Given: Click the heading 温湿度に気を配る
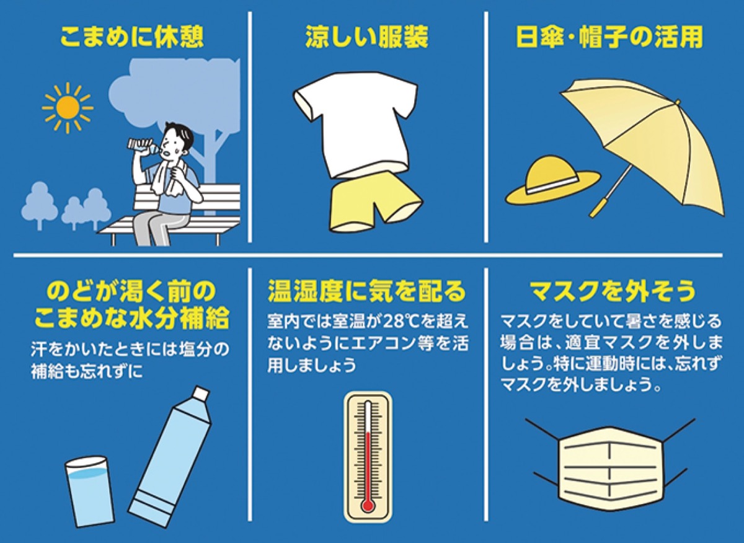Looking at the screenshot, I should click(x=366, y=290).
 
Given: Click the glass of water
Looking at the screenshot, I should click(x=90, y=490).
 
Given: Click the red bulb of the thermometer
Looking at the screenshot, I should click(x=368, y=505).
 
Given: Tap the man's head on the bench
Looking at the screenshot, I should click(x=180, y=138).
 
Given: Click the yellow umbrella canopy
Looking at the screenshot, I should click(x=651, y=136).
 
